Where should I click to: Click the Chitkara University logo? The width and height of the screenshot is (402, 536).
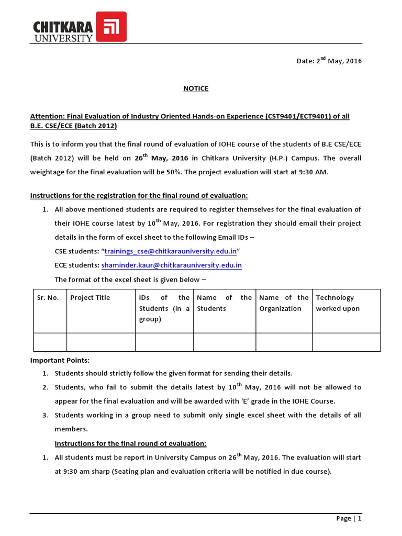(79, 26)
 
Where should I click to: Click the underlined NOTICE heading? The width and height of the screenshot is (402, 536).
(196, 88)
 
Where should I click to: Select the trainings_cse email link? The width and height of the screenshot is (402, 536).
(171, 251)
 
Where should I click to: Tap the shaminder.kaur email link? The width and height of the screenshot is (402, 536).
(171, 265)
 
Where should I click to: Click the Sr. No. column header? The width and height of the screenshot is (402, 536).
(49, 298)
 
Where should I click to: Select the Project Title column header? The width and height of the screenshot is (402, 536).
(90, 298)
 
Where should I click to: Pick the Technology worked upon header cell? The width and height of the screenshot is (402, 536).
(338, 303)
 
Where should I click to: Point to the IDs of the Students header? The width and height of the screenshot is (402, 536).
(164, 308)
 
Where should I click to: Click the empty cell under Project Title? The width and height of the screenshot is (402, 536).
(101, 342)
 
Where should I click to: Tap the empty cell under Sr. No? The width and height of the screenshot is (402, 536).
(50, 342)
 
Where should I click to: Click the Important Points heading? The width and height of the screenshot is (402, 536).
(60, 361)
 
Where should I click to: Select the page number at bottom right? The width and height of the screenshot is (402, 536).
(349, 519)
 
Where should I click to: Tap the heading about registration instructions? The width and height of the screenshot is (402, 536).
(139, 195)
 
